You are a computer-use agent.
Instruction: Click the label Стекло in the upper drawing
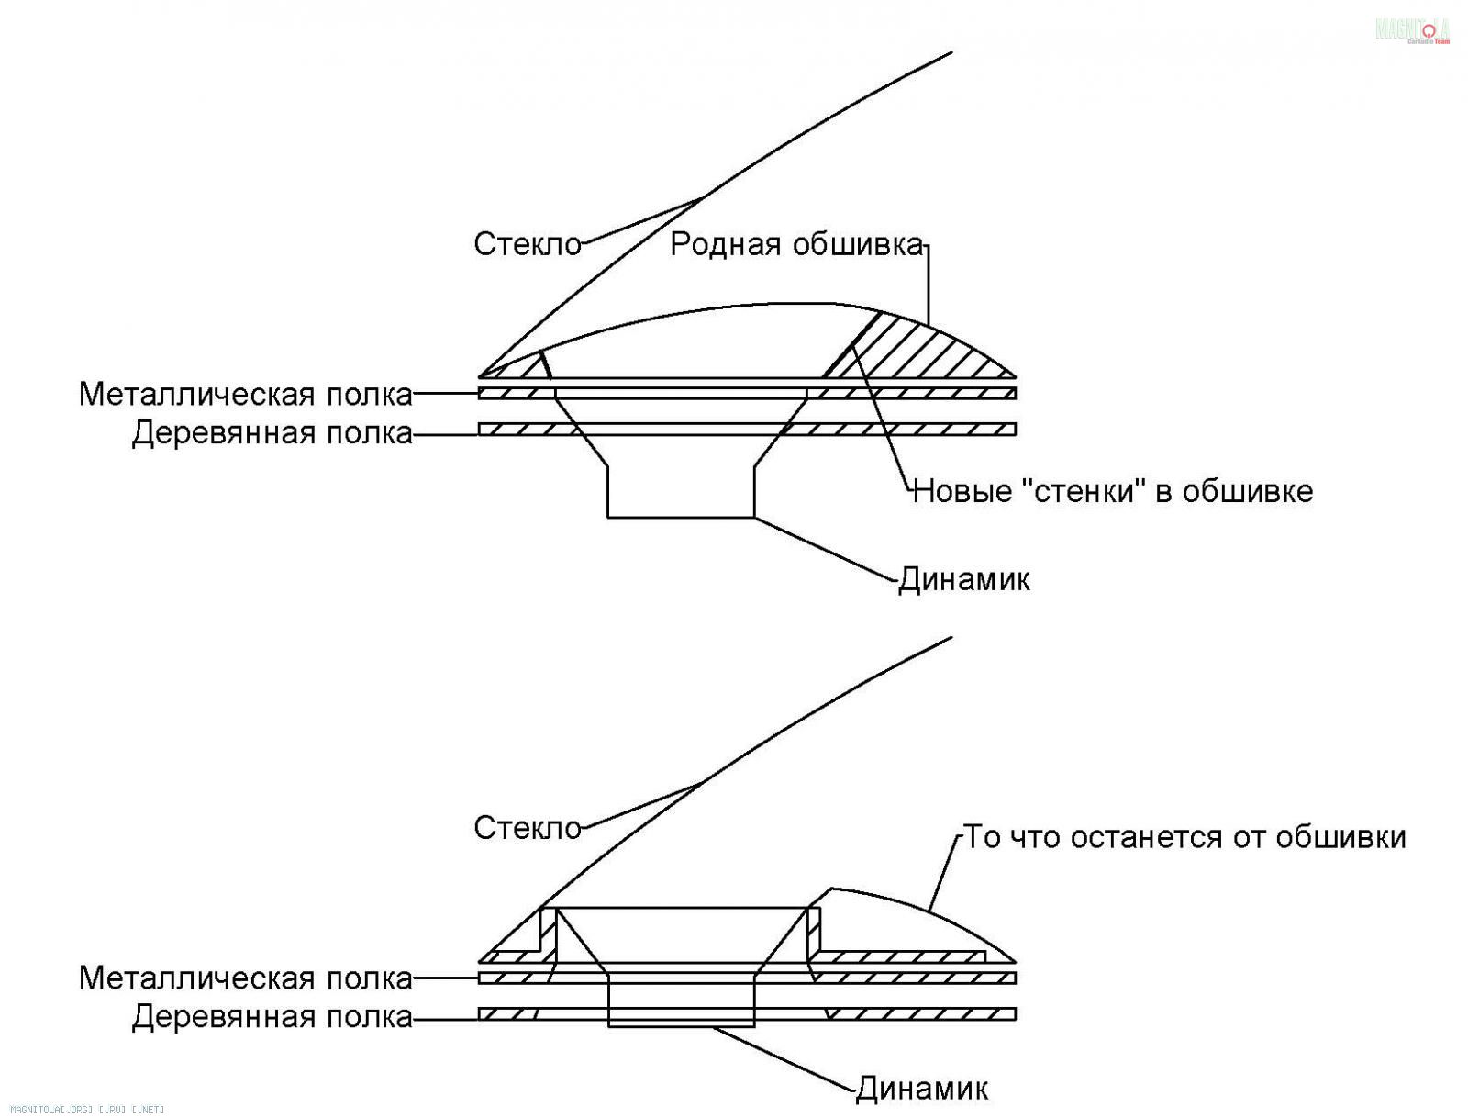point(528,244)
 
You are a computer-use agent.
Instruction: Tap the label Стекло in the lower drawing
point(528,828)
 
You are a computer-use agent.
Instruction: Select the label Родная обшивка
point(795,244)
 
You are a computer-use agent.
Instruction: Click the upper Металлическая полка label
point(245,395)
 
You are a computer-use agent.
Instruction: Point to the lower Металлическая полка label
point(245,978)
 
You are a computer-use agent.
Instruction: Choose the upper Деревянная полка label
point(272,433)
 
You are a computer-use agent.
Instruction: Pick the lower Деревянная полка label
point(272,1017)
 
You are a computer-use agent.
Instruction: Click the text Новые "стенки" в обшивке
point(1113,491)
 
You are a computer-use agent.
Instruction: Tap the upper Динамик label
point(963,580)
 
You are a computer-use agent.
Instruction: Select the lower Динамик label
point(922,1090)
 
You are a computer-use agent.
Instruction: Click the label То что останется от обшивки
point(1184,837)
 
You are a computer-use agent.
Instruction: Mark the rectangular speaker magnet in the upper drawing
point(681,492)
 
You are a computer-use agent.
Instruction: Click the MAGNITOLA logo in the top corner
point(1412,29)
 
